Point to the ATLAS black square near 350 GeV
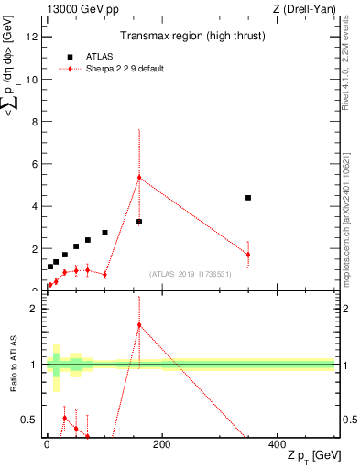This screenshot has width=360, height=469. [x=248, y=198]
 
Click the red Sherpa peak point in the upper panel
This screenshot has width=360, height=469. [x=139, y=178]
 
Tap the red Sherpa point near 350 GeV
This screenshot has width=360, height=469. [x=248, y=255]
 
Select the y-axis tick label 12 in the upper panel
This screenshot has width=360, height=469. [x=32, y=37]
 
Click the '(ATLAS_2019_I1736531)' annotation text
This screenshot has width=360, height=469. [x=190, y=274]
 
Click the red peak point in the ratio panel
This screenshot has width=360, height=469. [x=139, y=325]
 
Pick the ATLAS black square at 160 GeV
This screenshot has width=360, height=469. [x=139, y=222]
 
